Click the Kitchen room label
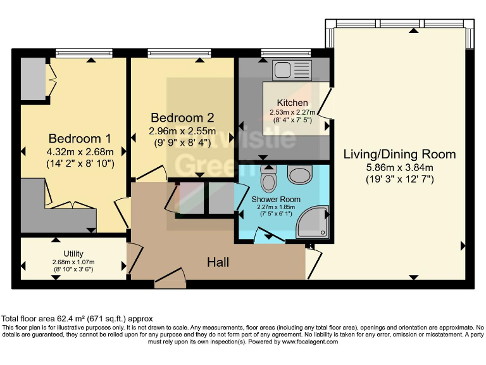(x=292, y=103)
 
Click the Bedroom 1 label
(x=80, y=138)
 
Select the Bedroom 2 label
(x=182, y=117)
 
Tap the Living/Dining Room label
(x=399, y=154)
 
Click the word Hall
(x=218, y=262)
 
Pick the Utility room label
(x=73, y=253)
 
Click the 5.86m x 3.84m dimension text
(x=399, y=167)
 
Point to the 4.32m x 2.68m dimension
(x=80, y=151)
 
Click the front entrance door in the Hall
(x=170, y=279)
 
